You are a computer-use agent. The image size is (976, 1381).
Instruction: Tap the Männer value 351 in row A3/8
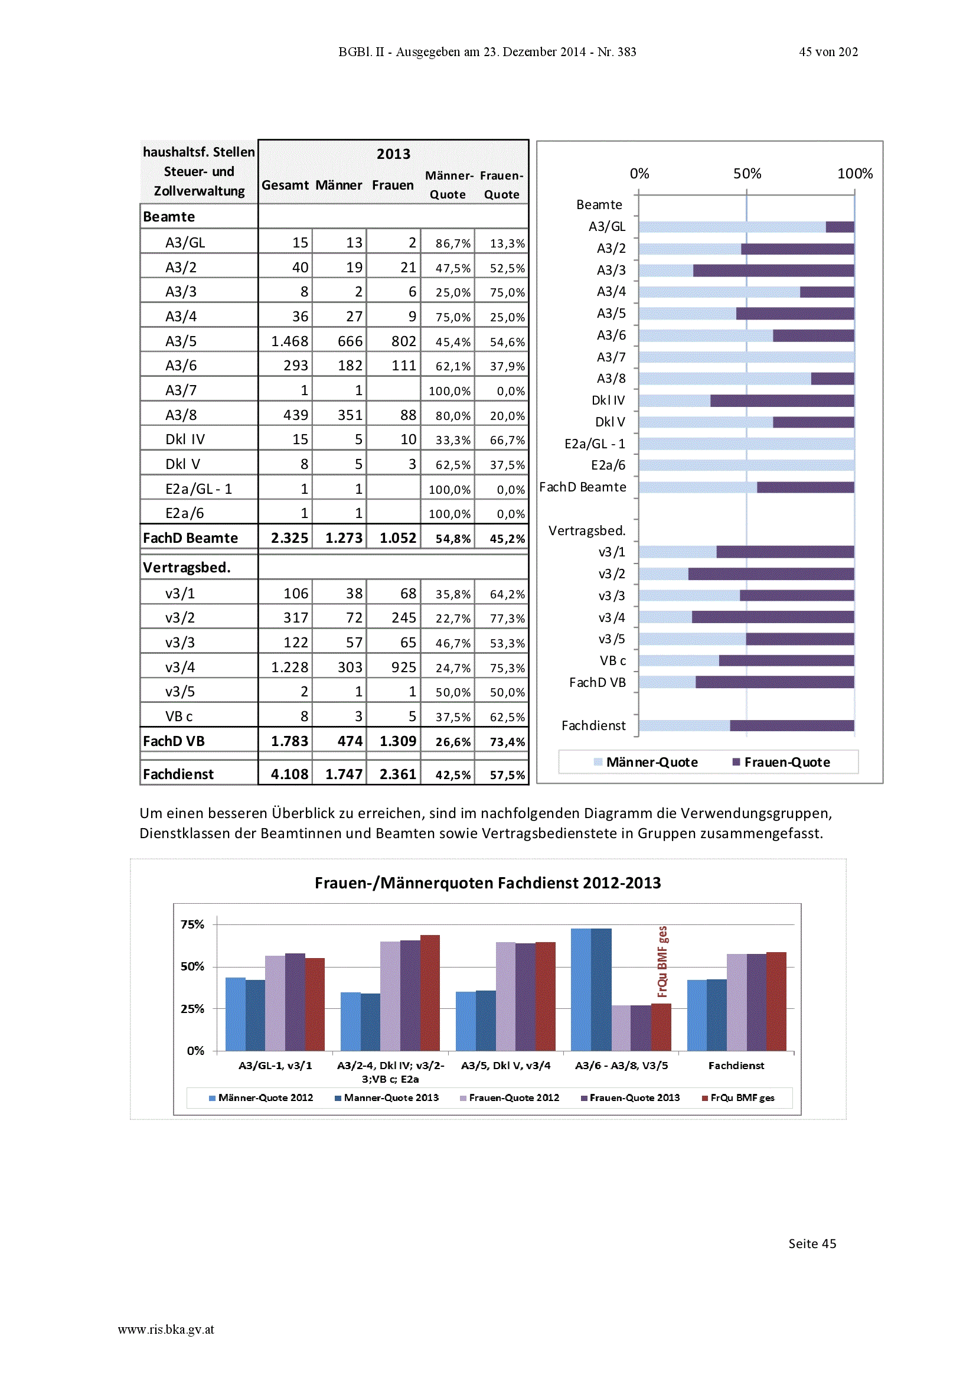click(350, 415)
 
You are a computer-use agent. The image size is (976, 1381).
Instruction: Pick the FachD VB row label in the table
click(174, 741)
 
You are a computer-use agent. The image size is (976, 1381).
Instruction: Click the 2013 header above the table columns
click(393, 154)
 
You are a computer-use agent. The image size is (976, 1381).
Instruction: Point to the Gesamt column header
click(285, 185)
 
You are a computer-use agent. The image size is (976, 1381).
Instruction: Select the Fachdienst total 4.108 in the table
click(289, 774)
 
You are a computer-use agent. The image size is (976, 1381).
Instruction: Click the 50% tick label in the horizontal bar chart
click(747, 174)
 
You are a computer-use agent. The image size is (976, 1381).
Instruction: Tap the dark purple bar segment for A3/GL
click(840, 227)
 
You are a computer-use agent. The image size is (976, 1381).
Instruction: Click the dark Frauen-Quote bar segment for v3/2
click(771, 574)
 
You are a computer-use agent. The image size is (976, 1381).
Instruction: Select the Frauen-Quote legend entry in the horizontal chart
click(781, 762)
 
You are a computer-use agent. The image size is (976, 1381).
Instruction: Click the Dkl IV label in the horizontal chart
click(608, 400)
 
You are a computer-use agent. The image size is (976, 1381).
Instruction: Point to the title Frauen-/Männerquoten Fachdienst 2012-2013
click(488, 883)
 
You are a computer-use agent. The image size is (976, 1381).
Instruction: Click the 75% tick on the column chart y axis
click(192, 924)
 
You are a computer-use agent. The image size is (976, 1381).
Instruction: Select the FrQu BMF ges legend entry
click(739, 1097)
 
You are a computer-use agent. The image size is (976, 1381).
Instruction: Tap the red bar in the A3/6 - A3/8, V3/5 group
click(661, 1027)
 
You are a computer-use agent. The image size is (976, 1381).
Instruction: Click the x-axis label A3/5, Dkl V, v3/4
click(506, 1066)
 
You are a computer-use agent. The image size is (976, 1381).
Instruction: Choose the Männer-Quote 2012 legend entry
click(261, 1097)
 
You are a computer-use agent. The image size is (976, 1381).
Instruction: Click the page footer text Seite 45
click(812, 1244)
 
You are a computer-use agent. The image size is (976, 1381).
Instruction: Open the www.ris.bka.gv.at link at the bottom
click(166, 1330)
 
